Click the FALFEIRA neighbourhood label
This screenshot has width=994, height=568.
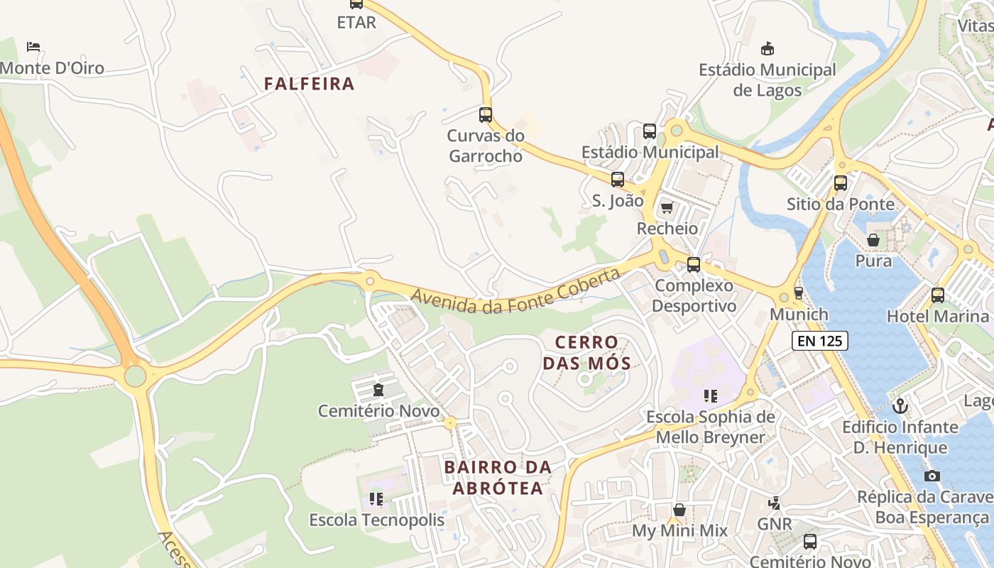click(x=309, y=84)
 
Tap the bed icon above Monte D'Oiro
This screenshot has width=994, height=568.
click(x=33, y=47)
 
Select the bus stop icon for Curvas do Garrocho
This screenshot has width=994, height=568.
click(x=486, y=114)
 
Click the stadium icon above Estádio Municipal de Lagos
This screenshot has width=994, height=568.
click(x=767, y=48)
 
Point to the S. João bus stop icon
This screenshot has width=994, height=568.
click(x=618, y=180)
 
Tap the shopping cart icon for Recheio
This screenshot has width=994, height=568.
click(x=667, y=208)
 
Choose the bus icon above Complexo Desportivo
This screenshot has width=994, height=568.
click(x=694, y=265)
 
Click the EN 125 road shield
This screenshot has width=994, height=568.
click(x=819, y=341)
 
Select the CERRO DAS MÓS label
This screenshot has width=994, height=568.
click(x=586, y=353)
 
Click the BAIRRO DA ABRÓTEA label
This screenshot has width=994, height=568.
click(x=498, y=477)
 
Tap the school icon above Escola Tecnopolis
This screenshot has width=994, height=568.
click(x=376, y=499)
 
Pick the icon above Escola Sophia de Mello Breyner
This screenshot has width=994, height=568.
click(x=710, y=395)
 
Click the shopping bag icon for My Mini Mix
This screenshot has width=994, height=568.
click(x=679, y=510)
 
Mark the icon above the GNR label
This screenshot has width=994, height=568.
click(x=774, y=503)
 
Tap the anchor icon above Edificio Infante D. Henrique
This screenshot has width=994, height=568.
click(x=900, y=406)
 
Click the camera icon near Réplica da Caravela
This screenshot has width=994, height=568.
click(x=932, y=476)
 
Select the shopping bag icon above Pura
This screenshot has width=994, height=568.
click(x=873, y=240)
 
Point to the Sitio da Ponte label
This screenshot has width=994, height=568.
click(x=841, y=204)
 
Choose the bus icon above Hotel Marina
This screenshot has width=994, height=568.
click(x=938, y=295)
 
